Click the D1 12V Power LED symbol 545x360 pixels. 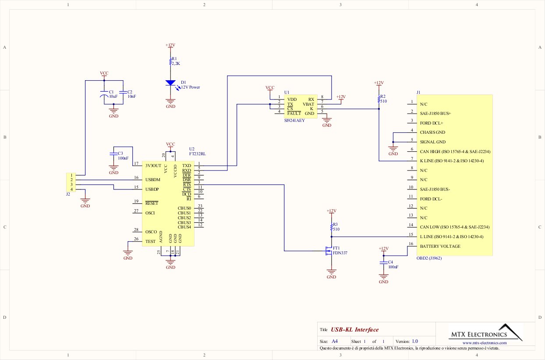170,83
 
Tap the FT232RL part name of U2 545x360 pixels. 198,154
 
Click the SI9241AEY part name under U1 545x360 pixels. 294,120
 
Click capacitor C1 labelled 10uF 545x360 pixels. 104,95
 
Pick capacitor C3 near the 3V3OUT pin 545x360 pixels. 113,154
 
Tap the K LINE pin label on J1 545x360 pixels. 451,161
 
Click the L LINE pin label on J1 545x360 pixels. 451,237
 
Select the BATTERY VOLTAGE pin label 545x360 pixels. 440,246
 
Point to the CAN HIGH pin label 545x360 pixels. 455,151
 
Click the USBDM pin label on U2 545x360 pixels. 152,180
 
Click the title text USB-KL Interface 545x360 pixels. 354,330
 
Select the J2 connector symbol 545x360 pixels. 71,182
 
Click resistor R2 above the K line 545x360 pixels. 379,99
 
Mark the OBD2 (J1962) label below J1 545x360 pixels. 429,258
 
